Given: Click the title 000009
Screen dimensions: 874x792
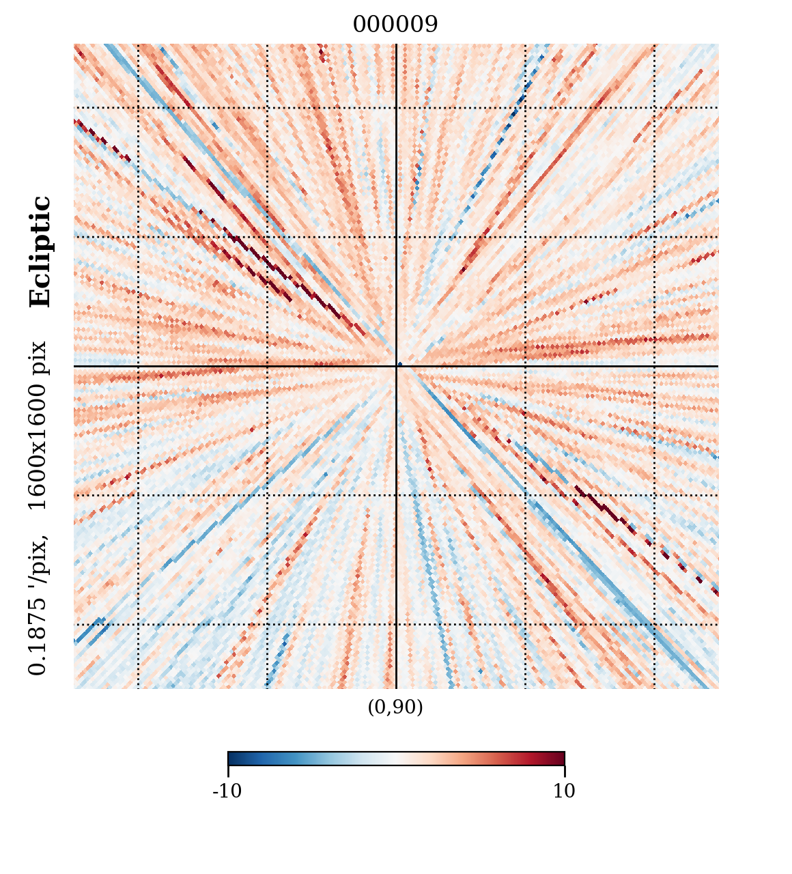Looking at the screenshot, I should coord(395,25).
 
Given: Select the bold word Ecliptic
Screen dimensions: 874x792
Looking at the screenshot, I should coord(40,252).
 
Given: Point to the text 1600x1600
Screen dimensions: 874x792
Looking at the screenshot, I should coord(38,448).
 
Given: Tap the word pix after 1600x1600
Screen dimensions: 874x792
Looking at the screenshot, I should coord(38,358).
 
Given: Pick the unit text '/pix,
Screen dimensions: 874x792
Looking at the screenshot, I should coord(38,560).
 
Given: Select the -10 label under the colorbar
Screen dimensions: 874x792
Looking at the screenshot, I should coord(227,791).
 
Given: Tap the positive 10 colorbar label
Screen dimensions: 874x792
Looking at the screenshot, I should coord(564,791).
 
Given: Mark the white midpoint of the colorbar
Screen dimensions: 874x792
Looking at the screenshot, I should coord(396,758).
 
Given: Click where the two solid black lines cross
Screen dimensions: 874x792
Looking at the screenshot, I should coord(396,367).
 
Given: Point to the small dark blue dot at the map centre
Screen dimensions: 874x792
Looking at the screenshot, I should coord(400,364).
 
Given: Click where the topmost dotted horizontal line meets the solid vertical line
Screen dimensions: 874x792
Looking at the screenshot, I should coord(396,108).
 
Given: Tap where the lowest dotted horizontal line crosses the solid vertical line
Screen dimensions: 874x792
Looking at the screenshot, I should coord(396,624).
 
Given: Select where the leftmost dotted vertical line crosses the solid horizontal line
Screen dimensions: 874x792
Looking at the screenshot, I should coord(138,367).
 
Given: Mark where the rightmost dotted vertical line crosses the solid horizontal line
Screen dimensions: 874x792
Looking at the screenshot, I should coord(654,367).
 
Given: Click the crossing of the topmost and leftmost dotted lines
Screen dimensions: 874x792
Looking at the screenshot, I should coord(138,108).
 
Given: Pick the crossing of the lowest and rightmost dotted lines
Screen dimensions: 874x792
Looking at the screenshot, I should coord(654,624).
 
